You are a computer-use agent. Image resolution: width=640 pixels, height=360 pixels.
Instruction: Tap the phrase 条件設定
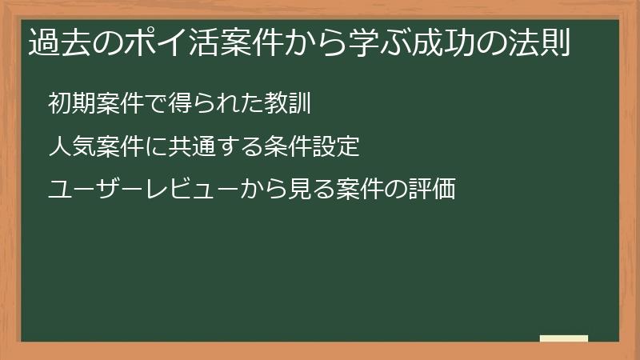317,147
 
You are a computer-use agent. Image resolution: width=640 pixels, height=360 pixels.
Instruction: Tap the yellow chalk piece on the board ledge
564,338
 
